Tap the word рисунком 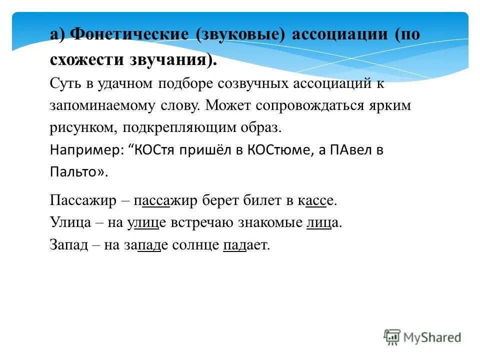(x=82, y=128)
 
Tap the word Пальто (x=75, y=171)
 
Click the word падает (x=246, y=245)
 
